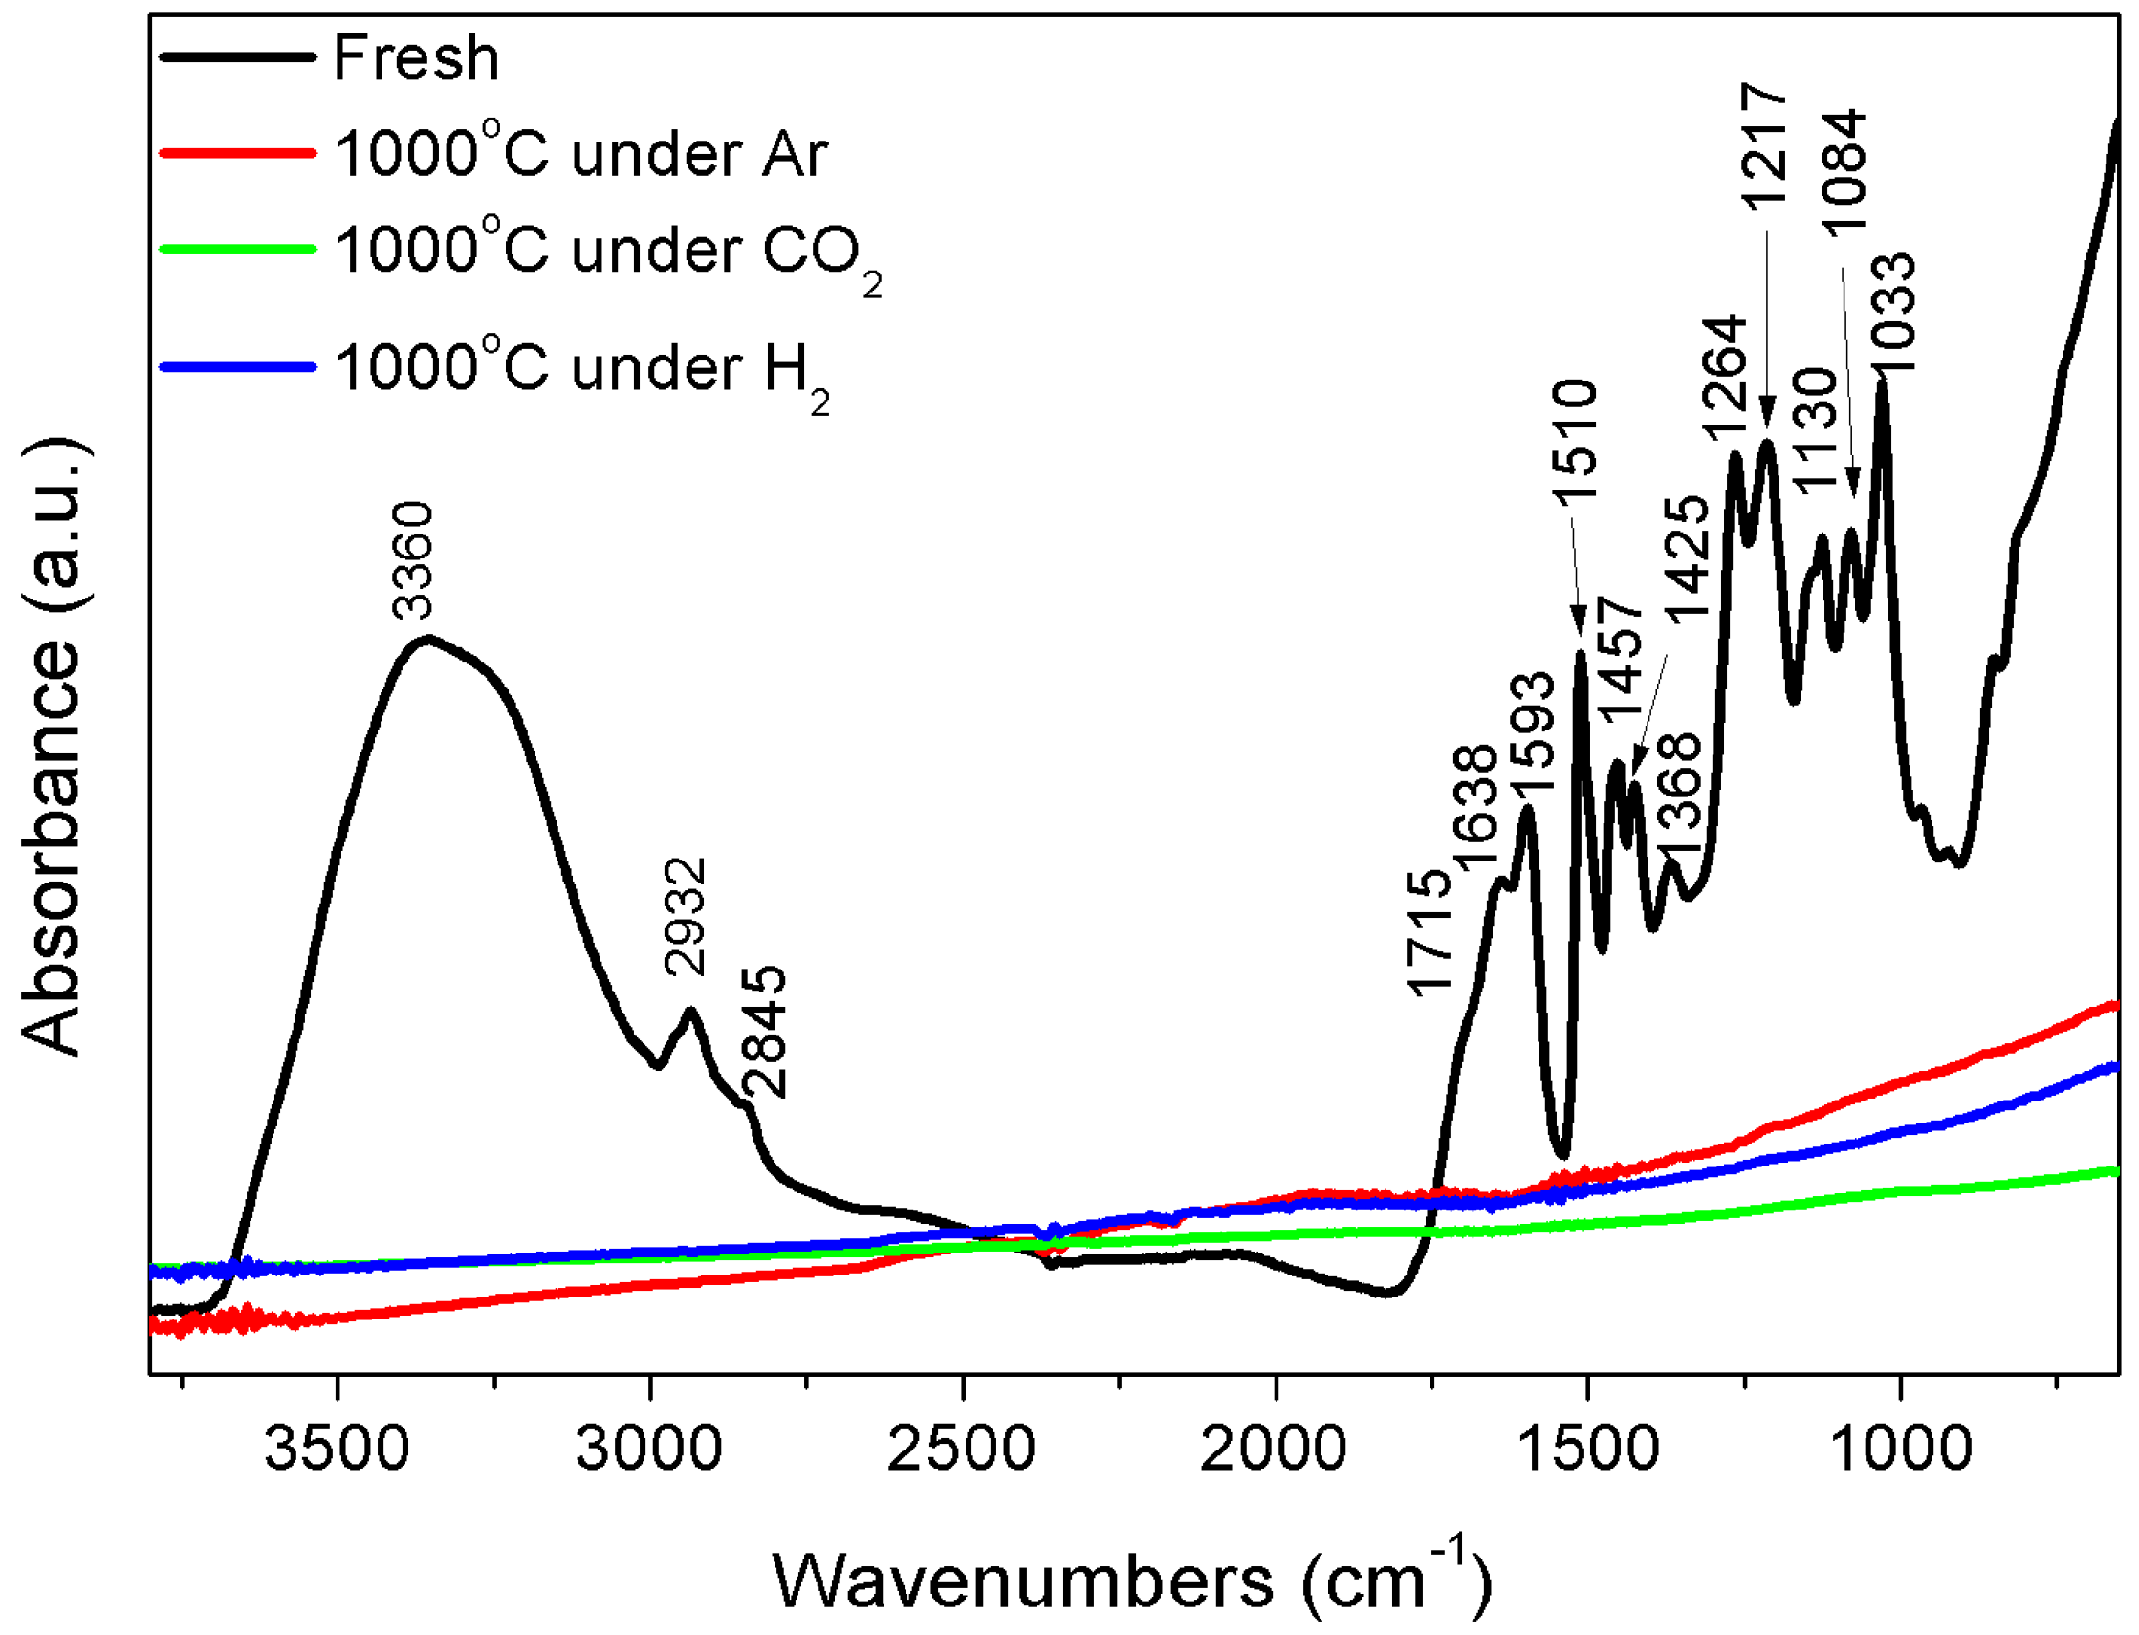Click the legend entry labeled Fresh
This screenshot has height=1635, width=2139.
tap(416, 58)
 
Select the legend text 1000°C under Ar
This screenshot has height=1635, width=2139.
tap(581, 154)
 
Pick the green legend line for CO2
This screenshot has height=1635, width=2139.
tap(237, 250)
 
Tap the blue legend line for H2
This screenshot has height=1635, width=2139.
tap(237, 367)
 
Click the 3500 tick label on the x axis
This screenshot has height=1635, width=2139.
tap(337, 1448)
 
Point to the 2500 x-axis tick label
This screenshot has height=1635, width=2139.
tap(961, 1448)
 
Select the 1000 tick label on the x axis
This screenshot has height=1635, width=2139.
tap(1900, 1448)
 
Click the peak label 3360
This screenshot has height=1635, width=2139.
tap(413, 560)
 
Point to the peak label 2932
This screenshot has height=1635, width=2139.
tap(685, 917)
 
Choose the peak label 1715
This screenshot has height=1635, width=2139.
tap(1430, 933)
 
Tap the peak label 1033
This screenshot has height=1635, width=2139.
tap(1894, 313)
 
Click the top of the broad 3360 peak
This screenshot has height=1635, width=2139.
tap(426, 640)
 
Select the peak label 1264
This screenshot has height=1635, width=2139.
tap(1724, 378)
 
